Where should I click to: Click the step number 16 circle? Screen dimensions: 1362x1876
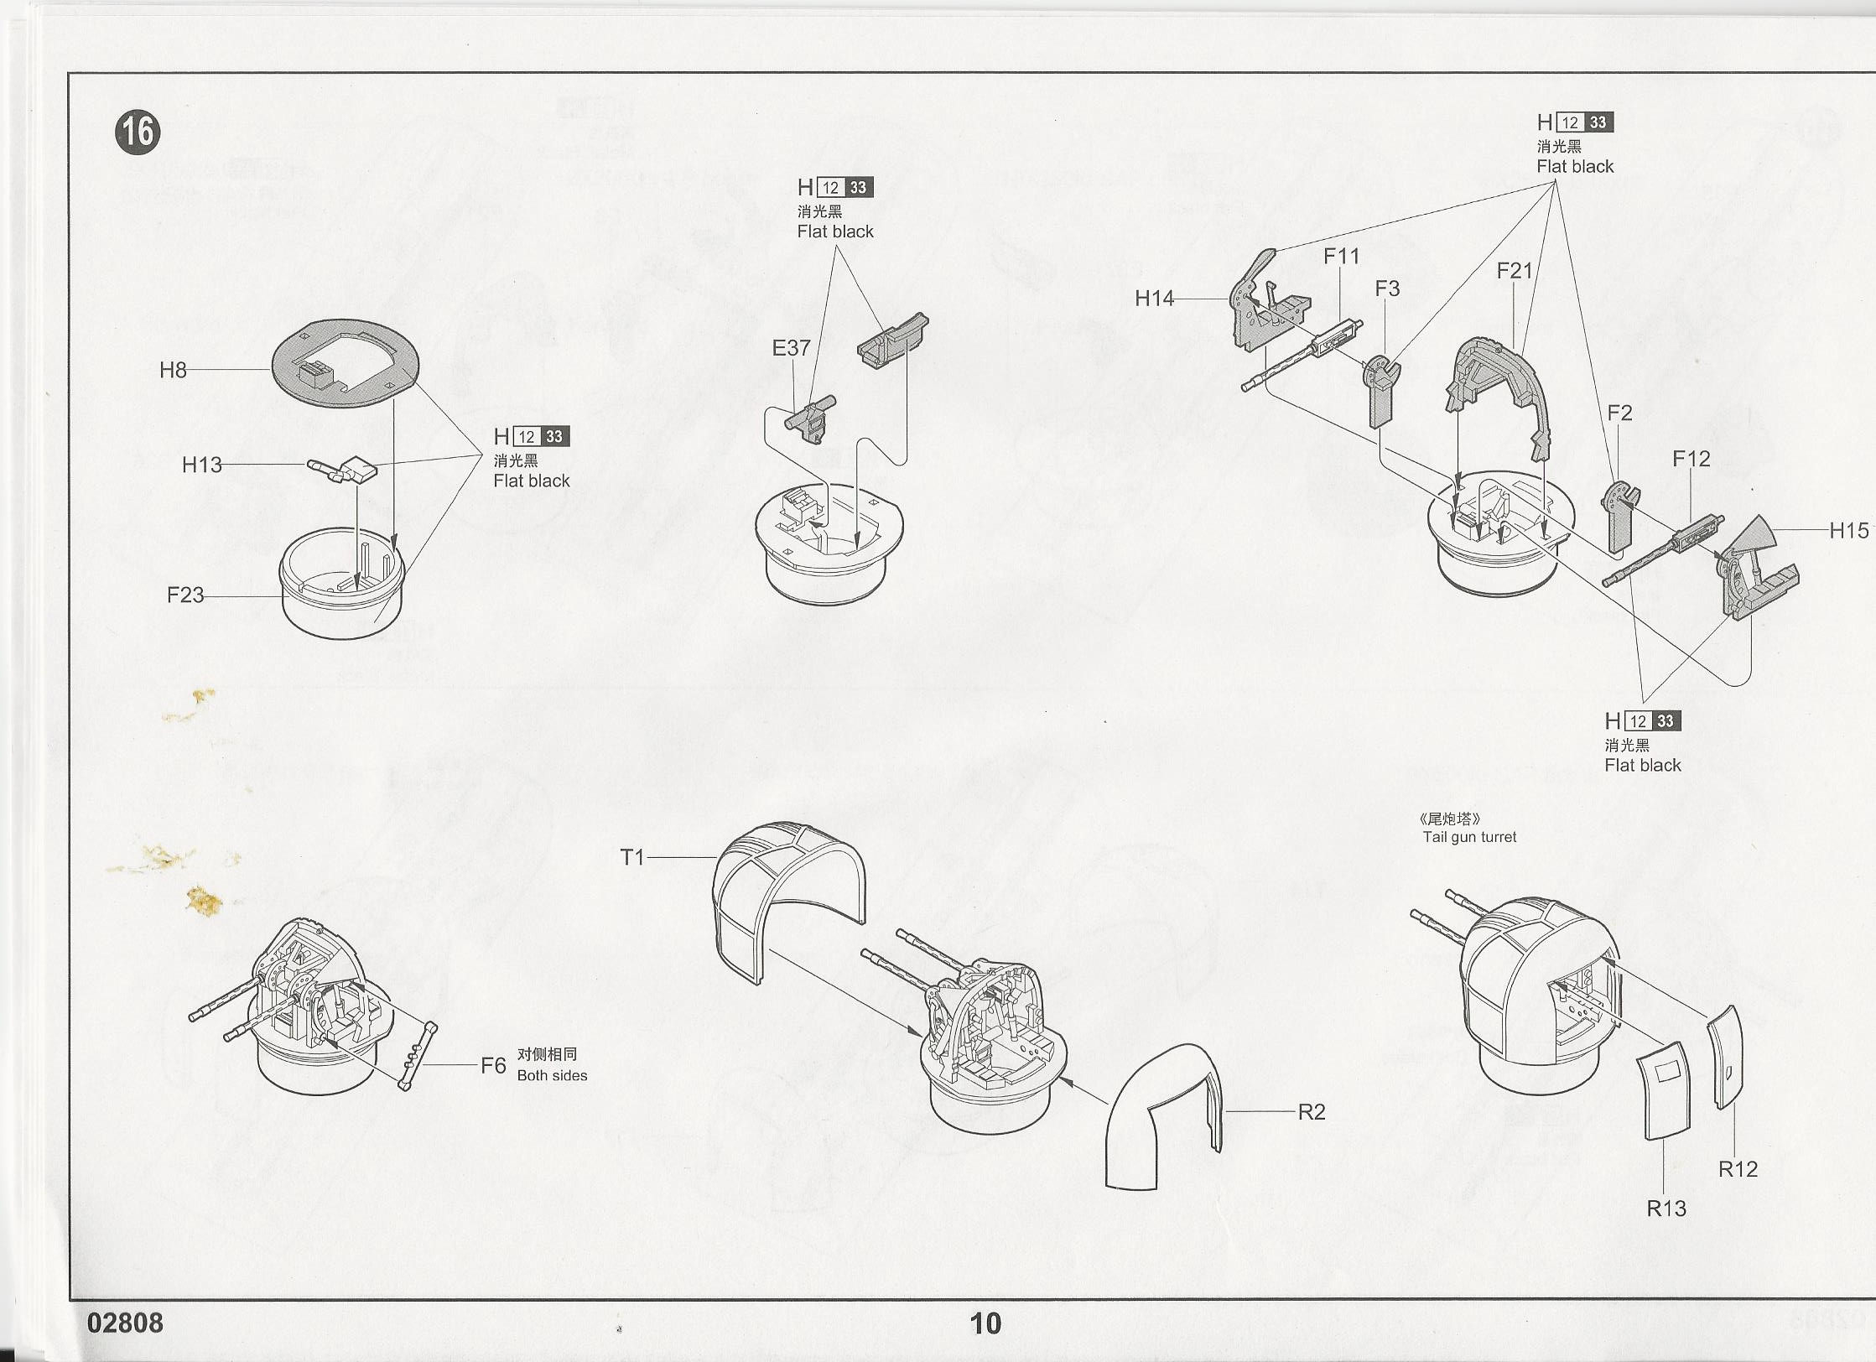(138, 133)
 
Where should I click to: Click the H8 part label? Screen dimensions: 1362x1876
(173, 370)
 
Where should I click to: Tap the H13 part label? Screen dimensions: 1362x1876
(201, 465)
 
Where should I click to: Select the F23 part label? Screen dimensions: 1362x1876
(184, 595)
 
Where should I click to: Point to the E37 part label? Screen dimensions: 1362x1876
(791, 347)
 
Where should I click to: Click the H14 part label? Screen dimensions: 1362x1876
(1154, 298)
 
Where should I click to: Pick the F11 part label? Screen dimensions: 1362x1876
(1341, 256)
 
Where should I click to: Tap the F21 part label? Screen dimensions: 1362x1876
(1514, 270)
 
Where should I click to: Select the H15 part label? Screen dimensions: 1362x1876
(1848, 530)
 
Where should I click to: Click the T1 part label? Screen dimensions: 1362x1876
(631, 857)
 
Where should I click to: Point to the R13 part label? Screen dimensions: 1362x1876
(1666, 1208)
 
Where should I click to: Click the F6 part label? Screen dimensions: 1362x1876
(493, 1065)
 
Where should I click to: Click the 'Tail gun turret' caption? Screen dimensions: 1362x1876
(1469, 836)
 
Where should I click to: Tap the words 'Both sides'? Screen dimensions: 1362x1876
(552, 1075)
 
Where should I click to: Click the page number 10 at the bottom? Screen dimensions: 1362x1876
(985, 1323)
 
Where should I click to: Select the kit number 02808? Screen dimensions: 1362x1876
(125, 1323)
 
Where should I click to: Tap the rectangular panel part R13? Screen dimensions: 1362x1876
(1664, 1090)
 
